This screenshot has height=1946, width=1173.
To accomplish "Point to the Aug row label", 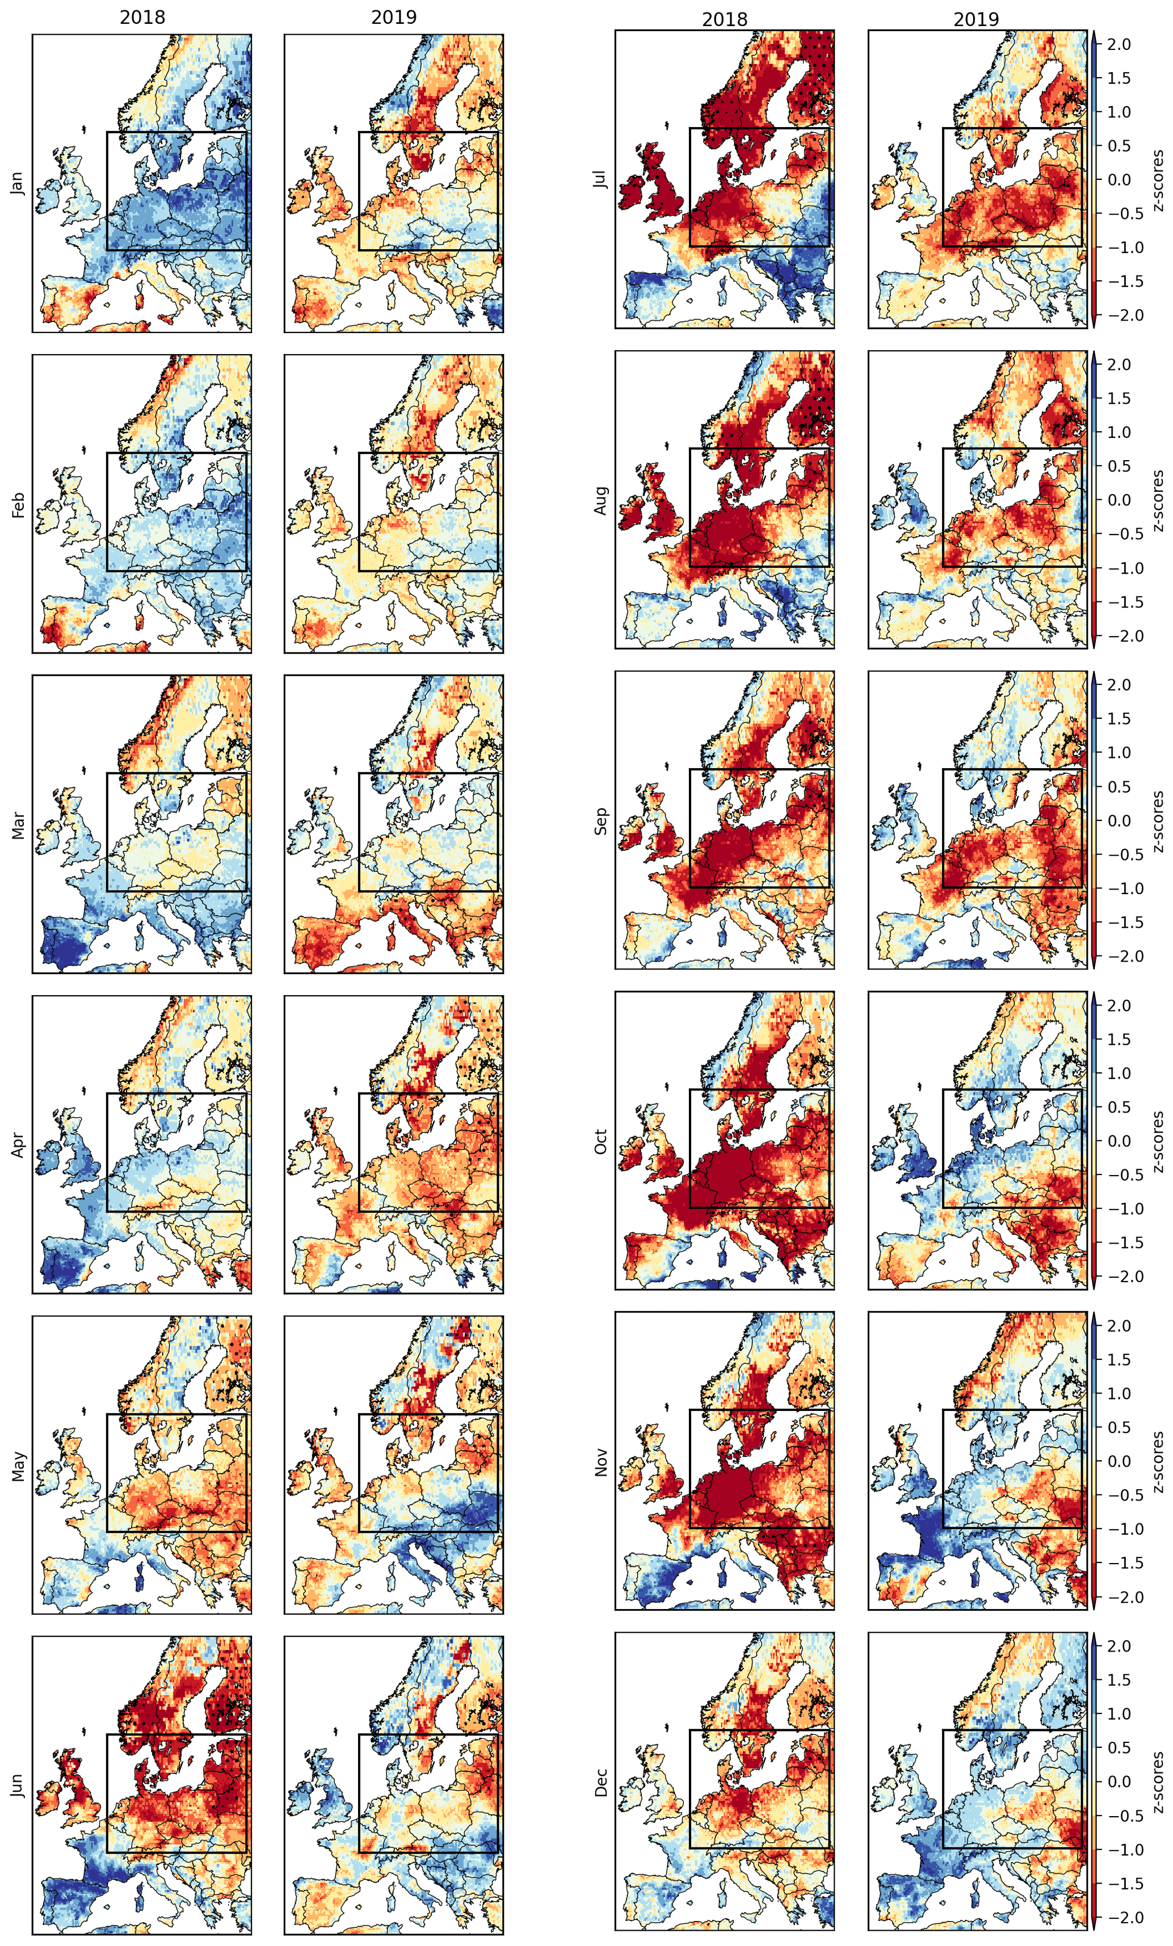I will (x=601, y=500).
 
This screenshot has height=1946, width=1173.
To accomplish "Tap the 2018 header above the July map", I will (x=724, y=19).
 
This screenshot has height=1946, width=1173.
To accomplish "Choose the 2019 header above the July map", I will (x=976, y=19).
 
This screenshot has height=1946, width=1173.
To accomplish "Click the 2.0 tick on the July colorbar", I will (x=1119, y=44).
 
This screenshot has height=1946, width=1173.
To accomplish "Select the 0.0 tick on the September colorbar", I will (x=1119, y=820).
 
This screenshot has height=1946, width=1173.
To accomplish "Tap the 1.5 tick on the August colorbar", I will (x=1119, y=398).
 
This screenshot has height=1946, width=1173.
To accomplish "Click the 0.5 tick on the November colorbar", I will (x=1119, y=1427).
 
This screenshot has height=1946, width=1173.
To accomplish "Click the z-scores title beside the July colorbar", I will (x=1159, y=180).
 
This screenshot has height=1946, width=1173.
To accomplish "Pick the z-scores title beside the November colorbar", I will (x=1159, y=1461).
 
